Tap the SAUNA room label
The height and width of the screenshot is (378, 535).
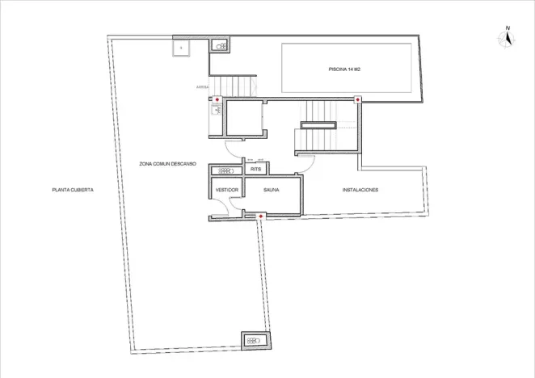271,190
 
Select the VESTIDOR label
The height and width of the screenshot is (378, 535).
225,190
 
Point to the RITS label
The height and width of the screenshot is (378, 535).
255,170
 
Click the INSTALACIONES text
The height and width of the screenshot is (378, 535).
360,190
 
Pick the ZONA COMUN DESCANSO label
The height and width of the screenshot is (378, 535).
167,163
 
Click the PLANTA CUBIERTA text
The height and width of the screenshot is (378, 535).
73,190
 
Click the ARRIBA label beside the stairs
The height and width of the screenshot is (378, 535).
202,86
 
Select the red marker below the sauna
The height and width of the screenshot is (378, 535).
260,216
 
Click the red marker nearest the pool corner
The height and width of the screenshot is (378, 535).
358,99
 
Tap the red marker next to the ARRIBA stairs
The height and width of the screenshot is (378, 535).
217,99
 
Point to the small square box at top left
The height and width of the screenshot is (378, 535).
181,48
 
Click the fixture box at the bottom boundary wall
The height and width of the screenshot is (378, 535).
255,341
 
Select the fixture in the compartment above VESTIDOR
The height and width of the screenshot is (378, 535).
225,170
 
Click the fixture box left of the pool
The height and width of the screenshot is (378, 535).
220,47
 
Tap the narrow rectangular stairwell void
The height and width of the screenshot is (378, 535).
318,125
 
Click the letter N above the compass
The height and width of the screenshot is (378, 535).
508,29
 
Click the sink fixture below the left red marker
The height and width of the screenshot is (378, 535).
217,112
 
